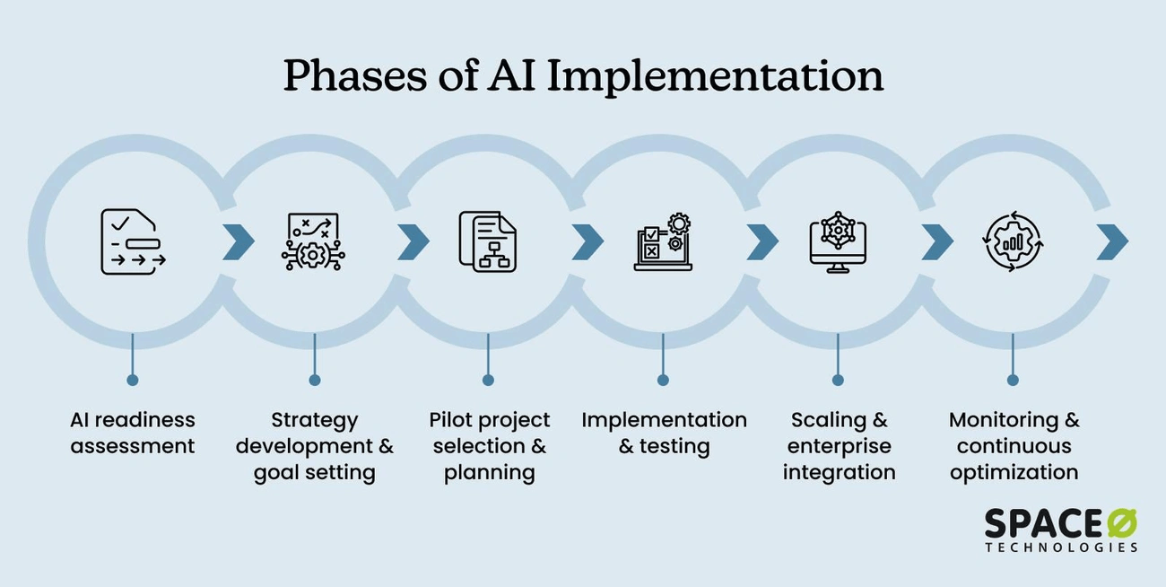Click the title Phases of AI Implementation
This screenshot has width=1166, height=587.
(x=583, y=75)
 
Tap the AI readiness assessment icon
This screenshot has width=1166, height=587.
(x=133, y=241)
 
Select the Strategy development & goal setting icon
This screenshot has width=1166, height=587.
(x=313, y=241)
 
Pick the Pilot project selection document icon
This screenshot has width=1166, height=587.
(x=487, y=241)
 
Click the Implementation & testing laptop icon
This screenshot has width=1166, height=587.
(x=663, y=241)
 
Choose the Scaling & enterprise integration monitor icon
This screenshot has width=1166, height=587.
(x=838, y=241)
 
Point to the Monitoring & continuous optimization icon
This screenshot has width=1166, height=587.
(x=1013, y=241)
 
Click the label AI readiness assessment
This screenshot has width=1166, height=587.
(x=133, y=433)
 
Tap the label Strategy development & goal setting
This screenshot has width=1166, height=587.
(x=314, y=446)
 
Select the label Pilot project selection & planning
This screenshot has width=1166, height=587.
(x=489, y=446)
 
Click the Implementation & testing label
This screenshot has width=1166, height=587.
(x=664, y=433)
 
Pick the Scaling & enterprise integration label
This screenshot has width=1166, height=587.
(x=839, y=446)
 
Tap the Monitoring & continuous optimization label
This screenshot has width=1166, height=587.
(x=1014, y=446)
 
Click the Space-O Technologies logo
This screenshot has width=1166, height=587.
(x=1060, y=530)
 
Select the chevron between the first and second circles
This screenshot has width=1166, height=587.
(x=239, y=241)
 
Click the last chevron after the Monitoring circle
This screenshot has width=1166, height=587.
(x=1111, y=241)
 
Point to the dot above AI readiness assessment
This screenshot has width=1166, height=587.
(x=133, y=380)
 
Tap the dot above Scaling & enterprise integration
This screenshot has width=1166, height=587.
(x=838, y=380)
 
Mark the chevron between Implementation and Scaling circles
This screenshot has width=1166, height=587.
(x=762, y=241)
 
